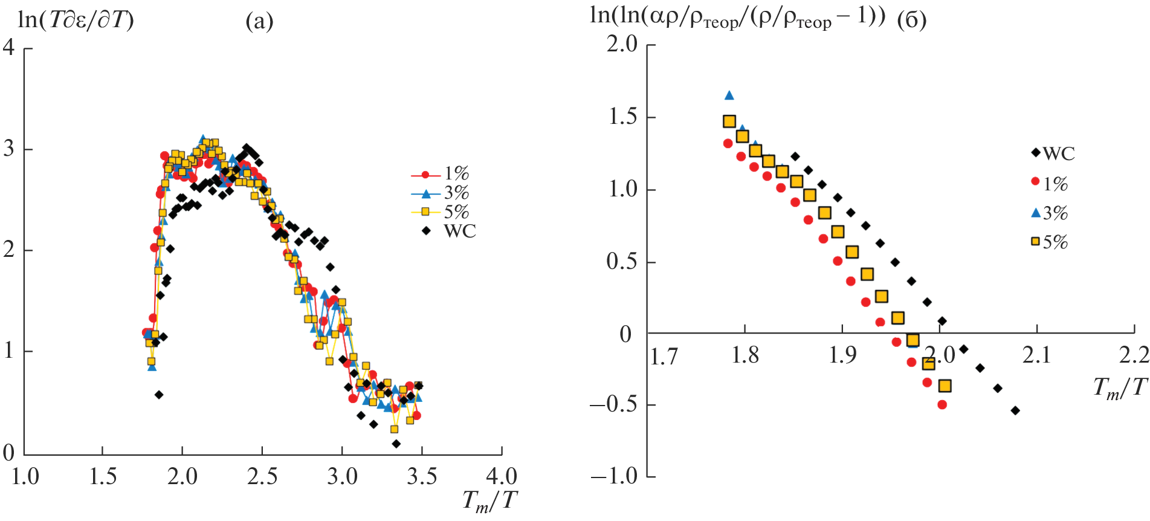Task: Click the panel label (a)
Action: pyautogui.click(x=259, y=22)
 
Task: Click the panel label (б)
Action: pyautogui.click(x=911, y=21)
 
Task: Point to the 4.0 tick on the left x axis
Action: pyautogui.click(x=501, y=477)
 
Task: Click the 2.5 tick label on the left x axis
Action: pyautogui.click(x=262, y=477)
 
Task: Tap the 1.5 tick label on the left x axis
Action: pyautogui.click(x=103, y=477)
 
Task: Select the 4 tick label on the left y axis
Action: pyautogui.click(x=8, y=47)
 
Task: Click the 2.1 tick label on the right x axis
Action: pyautogui.click(x=1036, y=355)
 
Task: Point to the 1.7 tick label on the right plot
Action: pyautogui.click(x=664, y=357)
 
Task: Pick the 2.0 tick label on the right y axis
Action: pyautogui.click(x=622, y=44)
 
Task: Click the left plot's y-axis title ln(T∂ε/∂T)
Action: pyautogui.click(x=76, y=21)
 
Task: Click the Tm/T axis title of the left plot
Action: pyautogui.click(x=489, y=500)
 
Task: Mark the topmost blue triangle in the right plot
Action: pyautogui.click(x=729, y=95)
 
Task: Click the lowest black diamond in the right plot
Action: pyautogui.click(x=1015, y=410)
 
